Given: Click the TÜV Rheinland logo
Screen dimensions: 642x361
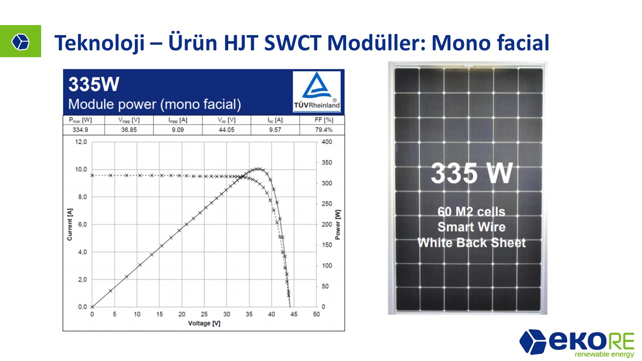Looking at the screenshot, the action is coord(316,92).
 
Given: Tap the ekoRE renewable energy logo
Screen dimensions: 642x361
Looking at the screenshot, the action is coord(577,343).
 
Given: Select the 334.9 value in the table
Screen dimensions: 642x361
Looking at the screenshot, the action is coord(80,130).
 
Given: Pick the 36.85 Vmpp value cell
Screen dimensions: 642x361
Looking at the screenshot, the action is coord(129,130).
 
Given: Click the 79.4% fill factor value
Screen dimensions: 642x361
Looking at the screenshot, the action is coord(324,130).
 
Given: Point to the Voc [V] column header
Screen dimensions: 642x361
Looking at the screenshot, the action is coord(226,120).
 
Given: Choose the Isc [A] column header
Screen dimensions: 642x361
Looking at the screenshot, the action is coord(275,120).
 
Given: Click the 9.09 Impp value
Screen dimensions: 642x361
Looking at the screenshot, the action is coord(178,130).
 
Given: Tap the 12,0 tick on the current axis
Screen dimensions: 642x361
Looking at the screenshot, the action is coord(81,142).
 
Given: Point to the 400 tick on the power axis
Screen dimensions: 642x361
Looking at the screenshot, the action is coord(327,142).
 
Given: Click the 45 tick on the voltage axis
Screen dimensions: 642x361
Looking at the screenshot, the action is coord(294,314).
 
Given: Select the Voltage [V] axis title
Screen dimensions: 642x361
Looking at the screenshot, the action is coord(204,323).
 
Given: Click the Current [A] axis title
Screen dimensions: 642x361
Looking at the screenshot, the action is coord(70,224).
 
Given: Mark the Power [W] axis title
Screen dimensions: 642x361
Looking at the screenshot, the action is coord(338,224).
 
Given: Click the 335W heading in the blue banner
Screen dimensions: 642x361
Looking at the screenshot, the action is coord(94,84).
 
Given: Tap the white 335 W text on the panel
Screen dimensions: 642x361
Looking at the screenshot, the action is coord(472,173).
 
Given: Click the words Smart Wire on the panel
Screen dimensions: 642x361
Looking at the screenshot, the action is coord(471,227).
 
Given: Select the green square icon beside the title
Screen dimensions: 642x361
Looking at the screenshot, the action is coord(21,41).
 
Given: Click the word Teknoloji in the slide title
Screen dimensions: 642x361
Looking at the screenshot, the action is coord(99,43).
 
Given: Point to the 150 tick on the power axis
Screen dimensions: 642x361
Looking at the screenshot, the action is coord(327,245).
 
